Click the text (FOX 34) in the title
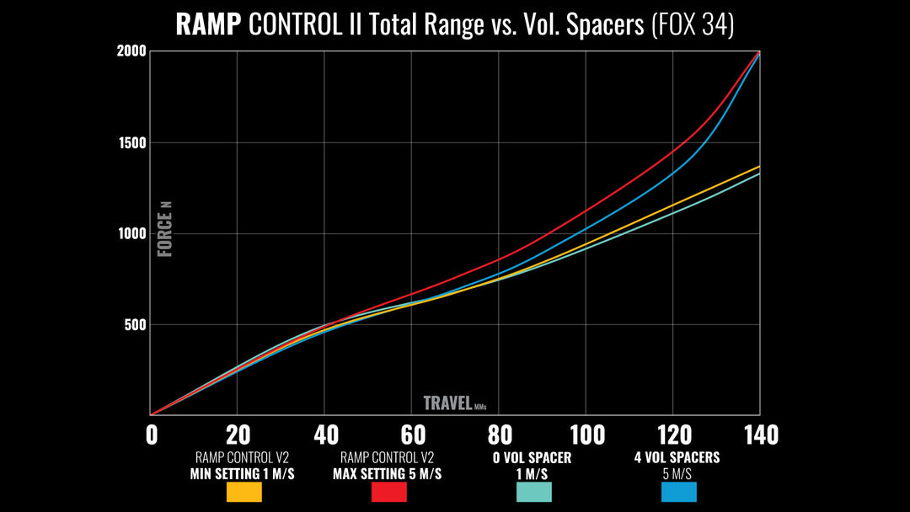693,24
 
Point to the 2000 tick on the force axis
131,51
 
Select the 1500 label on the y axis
131,142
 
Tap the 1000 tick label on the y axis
131,233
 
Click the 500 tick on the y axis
135,325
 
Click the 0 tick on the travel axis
152,435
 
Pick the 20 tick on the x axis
238,435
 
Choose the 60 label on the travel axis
413,435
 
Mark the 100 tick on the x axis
587,435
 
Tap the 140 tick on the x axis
759,435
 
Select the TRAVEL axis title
447,403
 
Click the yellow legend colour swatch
244,492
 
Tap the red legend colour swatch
389,492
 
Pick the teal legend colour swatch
533,492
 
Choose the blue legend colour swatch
678,492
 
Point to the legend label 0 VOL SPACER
533,458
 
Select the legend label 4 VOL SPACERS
677,458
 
